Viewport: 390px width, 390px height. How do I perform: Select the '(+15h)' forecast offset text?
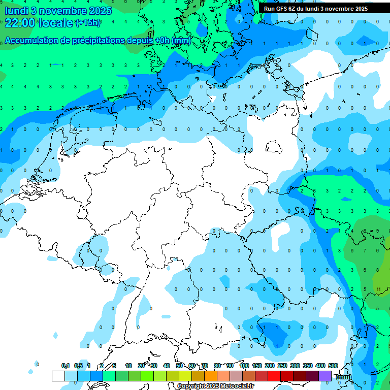88,22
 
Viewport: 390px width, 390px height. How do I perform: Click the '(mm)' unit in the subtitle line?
181,41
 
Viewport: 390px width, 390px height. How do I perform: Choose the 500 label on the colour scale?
333,366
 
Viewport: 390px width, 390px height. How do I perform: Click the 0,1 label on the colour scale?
66,366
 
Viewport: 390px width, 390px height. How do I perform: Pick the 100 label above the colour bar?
244,366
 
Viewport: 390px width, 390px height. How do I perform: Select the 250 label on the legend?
282,366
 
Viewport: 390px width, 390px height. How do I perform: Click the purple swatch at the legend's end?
325,376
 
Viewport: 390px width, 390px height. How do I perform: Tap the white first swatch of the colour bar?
58,376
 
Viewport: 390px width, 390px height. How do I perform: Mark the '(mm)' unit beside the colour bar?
344,377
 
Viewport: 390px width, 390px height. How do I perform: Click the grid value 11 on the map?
379,289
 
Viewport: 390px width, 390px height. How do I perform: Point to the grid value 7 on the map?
366,250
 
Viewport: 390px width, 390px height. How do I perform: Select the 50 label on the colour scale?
179,366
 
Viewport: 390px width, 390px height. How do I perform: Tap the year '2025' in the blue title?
101,10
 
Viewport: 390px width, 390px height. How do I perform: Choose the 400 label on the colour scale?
320,366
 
